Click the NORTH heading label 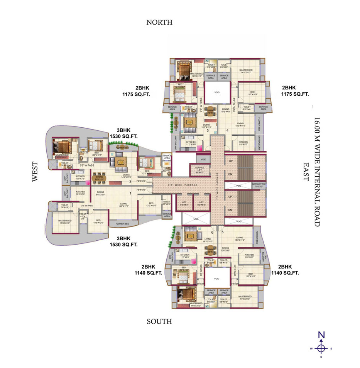[x=159, y=22]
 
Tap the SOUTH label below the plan [x=159, y=321]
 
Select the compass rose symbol [x=321, y=348]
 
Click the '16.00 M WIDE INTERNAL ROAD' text [x=317, y=171]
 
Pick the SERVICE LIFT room [x=199, y=170]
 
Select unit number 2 [x=130, y=181]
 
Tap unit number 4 [x=227, y=131]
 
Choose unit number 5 [x=223, y=232]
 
